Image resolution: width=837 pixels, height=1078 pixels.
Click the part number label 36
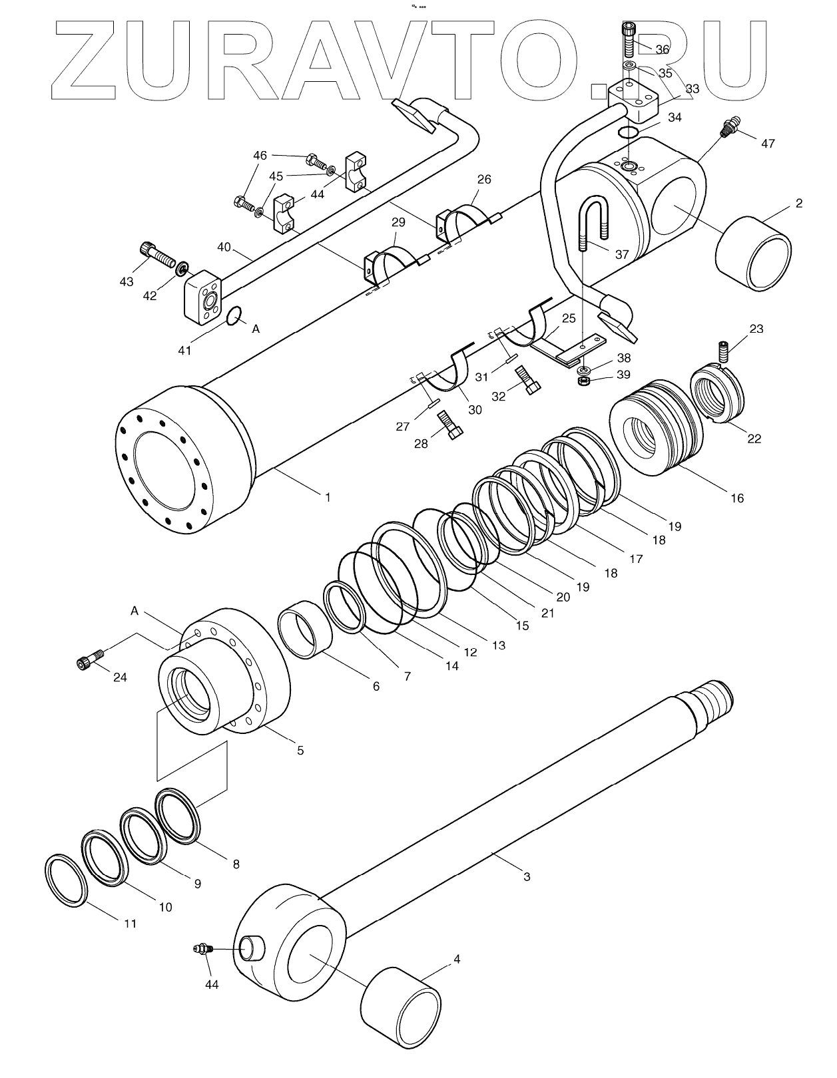pyautogui.click(x=662, y=49)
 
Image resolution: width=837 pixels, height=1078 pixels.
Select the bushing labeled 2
pyautogui.click(x=754, y=254)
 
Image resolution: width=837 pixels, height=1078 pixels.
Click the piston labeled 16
pyautogui.click(x=656, y=427)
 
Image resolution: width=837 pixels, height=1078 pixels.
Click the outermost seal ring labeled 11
pyautogui.click(x=66, y=880)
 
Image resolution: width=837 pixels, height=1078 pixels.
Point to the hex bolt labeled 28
pyautogui.click(x=451, y=425)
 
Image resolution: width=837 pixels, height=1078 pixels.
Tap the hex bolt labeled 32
pyautogui.click(x=529, y=380)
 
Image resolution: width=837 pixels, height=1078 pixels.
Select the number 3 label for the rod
pyautogui.click(x=527, y=876)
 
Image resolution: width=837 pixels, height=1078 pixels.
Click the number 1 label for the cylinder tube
pyautogui.click(x=327, y=496)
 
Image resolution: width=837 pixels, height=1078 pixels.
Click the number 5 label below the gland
pyautogui.click(x=300, y=750)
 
